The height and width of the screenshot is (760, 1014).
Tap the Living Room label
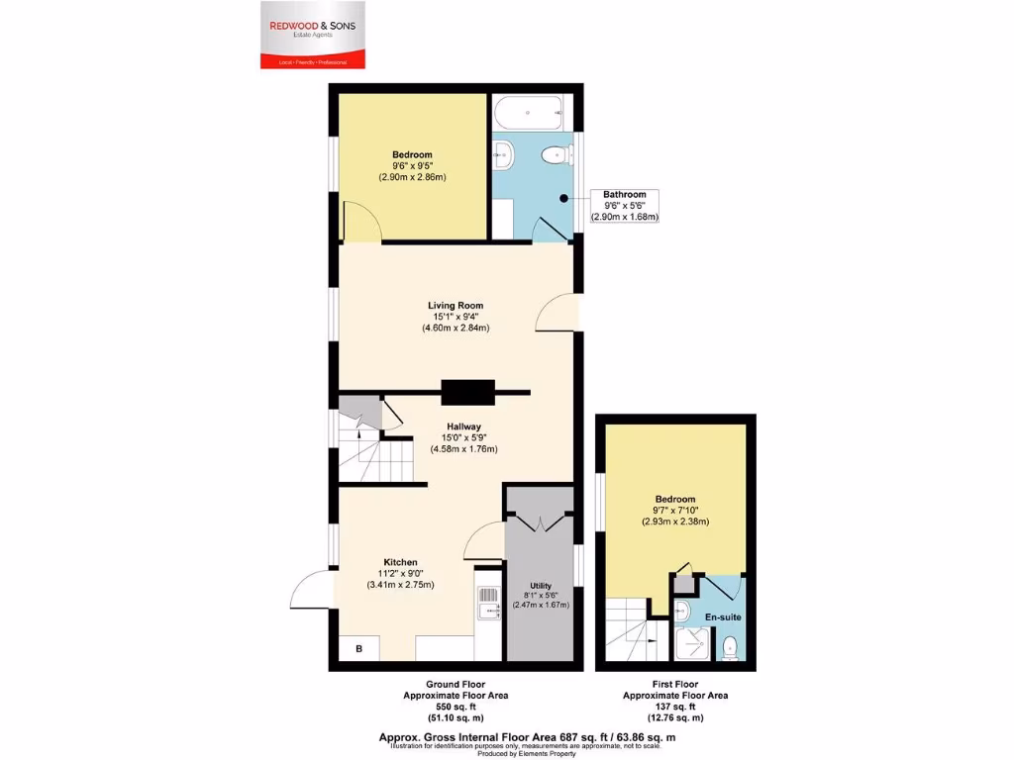(456, 305)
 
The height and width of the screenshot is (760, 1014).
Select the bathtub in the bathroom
(530, 115)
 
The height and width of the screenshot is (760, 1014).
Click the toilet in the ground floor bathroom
(560, 153)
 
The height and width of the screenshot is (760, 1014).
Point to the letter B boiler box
(358, 650)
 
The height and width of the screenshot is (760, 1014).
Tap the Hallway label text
(462, 426)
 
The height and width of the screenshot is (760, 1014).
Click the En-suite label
(723, 617)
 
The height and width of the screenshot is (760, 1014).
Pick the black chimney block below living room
(468, 393)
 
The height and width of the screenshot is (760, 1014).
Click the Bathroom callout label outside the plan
(625, 195)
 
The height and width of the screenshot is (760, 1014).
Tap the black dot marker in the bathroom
(563, 199)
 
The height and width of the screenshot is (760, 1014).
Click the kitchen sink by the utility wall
(488, 603)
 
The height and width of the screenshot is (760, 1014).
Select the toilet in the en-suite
(730, 648)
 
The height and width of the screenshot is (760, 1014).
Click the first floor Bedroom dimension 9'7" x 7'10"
(674, 511)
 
